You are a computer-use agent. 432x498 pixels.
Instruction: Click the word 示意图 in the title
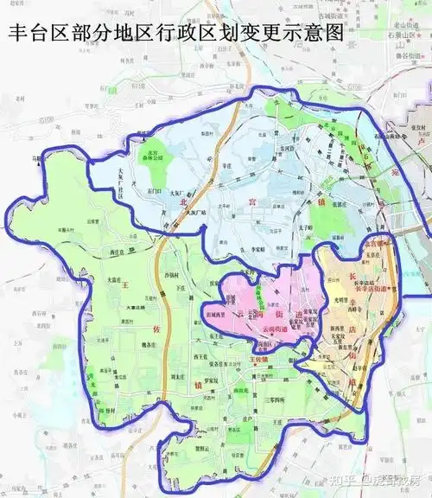tap(302, 33)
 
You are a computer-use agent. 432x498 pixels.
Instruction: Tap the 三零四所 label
tap(258, 400)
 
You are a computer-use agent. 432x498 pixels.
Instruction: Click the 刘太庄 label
tap(179, 377)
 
